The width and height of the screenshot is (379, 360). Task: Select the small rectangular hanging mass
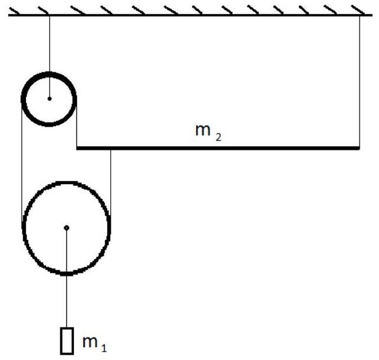[67, 341]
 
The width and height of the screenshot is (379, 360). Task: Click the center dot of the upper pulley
[50, 98]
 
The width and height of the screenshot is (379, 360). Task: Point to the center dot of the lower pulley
[67, 227]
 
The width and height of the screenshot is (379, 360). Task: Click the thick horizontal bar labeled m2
[218, 148]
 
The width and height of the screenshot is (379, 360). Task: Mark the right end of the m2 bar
[359, 148]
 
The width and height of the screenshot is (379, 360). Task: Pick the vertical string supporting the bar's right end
[359, 81]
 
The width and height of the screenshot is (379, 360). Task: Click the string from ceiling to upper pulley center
[50, 57]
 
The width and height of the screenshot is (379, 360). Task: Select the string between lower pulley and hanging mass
[66, 277]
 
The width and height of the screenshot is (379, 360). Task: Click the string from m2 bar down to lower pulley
[111, 182]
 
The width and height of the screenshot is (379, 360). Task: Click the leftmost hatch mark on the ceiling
[14, 11]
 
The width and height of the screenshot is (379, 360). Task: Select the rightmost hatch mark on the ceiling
[358, 10]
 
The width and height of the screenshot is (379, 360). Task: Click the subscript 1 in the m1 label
[104, 348]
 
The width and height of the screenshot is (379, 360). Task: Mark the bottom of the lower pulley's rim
[66, 274]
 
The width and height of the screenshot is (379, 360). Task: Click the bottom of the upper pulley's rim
[49, 124]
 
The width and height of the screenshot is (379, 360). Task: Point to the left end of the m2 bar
[77, 148]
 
